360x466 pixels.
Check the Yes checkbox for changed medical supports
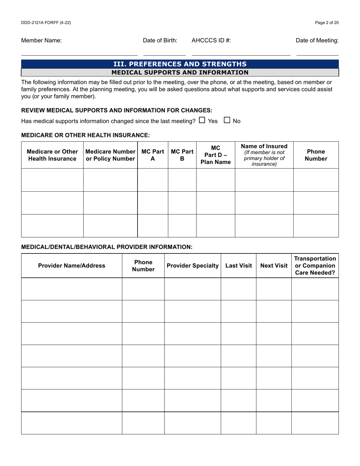[x=202, y=120]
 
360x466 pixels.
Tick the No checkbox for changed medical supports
[x=227, y=120]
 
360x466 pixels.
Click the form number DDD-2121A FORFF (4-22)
[x=46, y=23]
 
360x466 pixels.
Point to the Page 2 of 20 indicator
[x=327, y=23]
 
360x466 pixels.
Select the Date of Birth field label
[x=160, y=41]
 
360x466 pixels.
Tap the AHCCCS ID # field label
[x=211, y=41]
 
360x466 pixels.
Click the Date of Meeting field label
[x=317, y=41]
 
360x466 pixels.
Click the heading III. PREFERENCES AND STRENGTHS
[x=180, y=64]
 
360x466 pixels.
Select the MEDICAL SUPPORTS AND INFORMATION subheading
[x=180, y=72]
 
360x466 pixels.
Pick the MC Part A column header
[x=153, y=155]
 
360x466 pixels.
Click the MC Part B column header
[x=182, y=155]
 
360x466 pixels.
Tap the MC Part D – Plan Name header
[x=216, y=155]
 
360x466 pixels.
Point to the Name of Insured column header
[x=264, y=155]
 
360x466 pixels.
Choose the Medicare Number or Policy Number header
[x=110, y=155]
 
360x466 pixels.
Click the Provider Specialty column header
[x=193, y=266]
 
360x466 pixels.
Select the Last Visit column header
[x=239, y=266]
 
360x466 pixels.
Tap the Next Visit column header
[x=274, y=266]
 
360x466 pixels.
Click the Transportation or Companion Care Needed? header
[x=315, y=266]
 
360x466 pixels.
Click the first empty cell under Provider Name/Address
[x=72, y=289]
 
